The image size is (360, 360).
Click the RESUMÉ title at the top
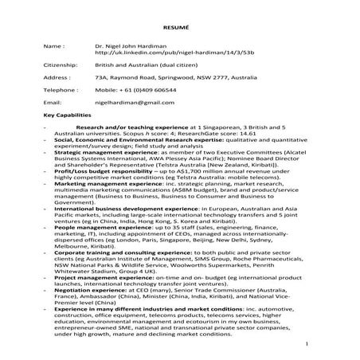179,25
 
